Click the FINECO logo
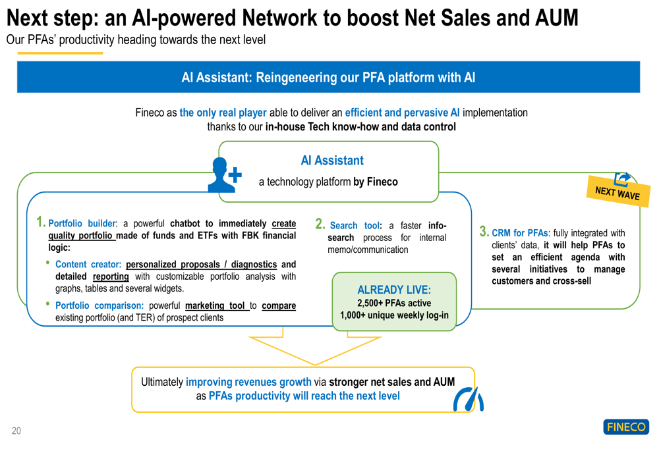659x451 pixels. [x=626, y=427]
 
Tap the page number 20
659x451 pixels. [x=16, y=431]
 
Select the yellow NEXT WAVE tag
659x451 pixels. [x=618, y=191]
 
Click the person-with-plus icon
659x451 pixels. [x=225, y=175]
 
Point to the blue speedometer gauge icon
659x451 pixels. [x=468, y=399]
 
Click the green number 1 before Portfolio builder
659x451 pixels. [x=40, y=222]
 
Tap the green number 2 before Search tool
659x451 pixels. [x=320, y=224]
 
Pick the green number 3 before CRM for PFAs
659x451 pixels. [x=484, y=231]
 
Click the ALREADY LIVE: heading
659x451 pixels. [x=394, y=290]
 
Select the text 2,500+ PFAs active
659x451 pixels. [x=394, y=303]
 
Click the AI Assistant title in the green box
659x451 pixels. [x=332, y=161]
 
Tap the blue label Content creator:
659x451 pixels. [x=88, y=264]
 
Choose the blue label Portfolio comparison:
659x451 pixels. [x=100, y=305]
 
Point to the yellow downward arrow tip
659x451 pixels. [x=315, y=365]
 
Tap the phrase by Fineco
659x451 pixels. [x=376, y=182]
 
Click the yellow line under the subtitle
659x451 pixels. [x=60, y=53]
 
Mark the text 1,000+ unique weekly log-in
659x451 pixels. [x=394, y=315]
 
